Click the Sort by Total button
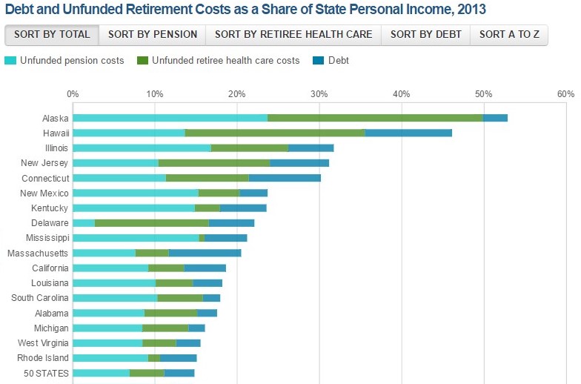[52, 34]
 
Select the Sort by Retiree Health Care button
[293, 34]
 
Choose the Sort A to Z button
[509, 34]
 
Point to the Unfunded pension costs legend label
[72, 60]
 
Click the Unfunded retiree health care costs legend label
[225, 60]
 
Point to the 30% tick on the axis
[319, 94]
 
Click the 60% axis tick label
[565, 94]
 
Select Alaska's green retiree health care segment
[375, 118]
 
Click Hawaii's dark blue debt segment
[408, 133]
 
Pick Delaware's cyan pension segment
[84, 223]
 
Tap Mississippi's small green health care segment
[202, 238]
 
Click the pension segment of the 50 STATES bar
[101, 373]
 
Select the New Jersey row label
[44, 163]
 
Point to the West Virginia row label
[43, 343]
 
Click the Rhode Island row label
[44, 358]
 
